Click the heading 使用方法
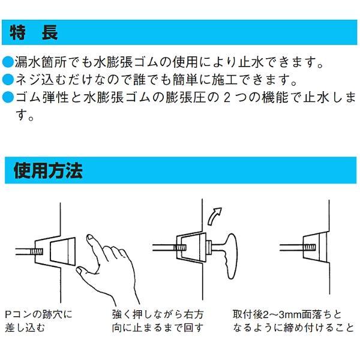pos(48,171)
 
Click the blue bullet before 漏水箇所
pos(8,62)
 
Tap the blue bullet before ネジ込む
pos(8,79)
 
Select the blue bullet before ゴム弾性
pos(8,97)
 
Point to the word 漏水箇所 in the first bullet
pos(40,62)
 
